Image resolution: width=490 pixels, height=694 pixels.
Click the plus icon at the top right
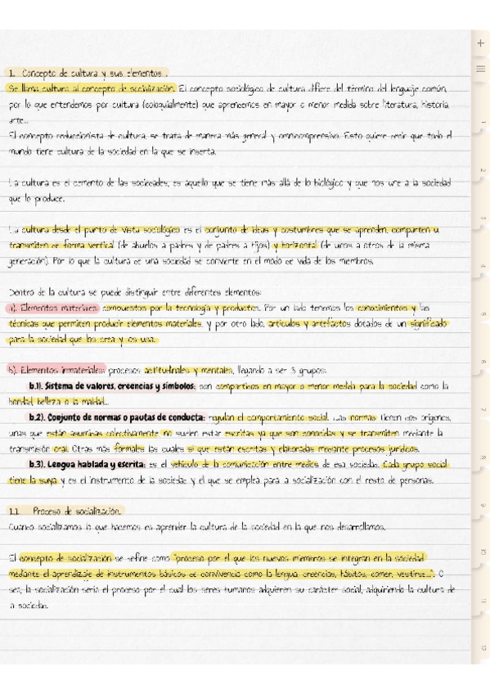[x=479, y=43]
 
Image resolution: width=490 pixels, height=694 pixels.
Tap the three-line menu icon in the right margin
[x=479, y=68]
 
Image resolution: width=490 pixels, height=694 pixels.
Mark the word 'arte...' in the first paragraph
[x=16, y=120]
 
